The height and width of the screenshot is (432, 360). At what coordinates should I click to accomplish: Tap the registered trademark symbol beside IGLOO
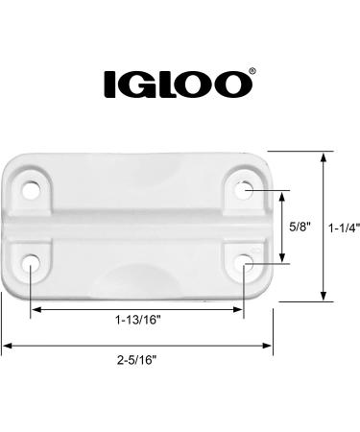(x=252, y=71)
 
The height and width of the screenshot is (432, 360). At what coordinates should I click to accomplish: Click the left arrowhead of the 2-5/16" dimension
(x=6, y=344)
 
